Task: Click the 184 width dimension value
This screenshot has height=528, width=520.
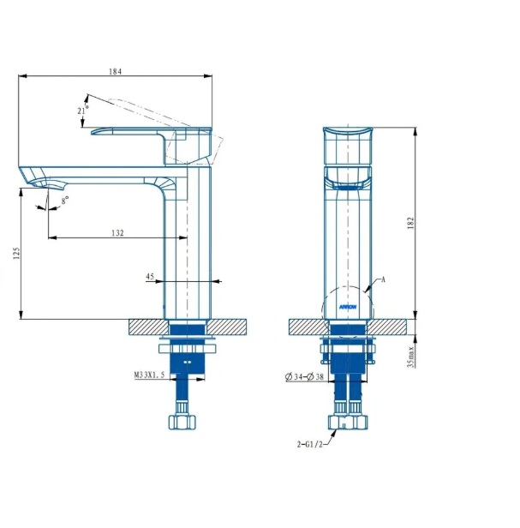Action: (x=115, y=70)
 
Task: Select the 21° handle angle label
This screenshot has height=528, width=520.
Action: (x=82, y=110)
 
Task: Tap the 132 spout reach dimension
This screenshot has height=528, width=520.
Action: (x=117, y=231)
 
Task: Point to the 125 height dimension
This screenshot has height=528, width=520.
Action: (x=14, y=254)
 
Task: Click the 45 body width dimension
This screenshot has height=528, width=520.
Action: (x=150, y=276)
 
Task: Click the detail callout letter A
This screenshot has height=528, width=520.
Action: (x=383, y=279)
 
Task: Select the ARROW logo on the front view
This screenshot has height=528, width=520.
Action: (x=348, y=305)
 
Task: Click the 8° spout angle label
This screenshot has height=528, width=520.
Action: (x=65, y=199)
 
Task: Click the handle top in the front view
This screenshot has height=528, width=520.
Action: (x=348, y=131)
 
